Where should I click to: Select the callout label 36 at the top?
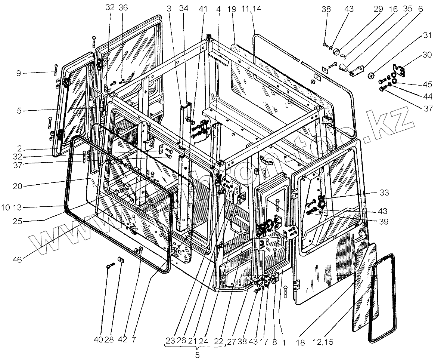(123, 7)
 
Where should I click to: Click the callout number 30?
(428, 55)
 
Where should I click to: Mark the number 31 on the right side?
(428, 36)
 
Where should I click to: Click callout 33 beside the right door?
(384, 193)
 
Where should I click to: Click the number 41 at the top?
(203, 8)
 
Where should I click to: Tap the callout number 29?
(381, 8)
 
